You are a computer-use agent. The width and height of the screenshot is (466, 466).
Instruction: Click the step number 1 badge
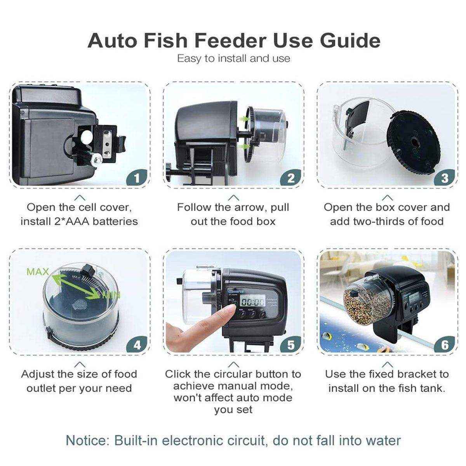point(136,178)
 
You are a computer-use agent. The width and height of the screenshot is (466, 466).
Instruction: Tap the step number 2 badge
point(291,178)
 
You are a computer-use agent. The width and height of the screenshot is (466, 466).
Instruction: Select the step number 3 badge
point(445,178)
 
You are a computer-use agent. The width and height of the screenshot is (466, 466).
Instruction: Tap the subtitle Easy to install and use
point(233,59)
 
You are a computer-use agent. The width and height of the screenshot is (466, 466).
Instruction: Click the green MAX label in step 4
point(38,271)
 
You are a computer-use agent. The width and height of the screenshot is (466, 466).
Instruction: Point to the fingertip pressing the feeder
point(231,310)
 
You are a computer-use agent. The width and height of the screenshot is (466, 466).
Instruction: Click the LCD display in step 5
point(252,301)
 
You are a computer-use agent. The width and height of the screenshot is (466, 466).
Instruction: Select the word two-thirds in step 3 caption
point(376,221)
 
